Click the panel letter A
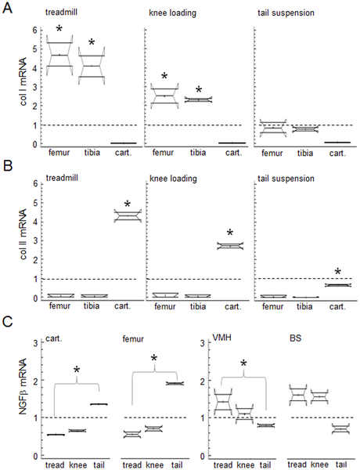coord(7,8)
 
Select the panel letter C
coord(8,322)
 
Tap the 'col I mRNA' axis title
coord(24,81)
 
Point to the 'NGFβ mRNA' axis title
coord(24,386)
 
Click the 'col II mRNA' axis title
coord(24,235)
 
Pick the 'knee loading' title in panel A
coord(172,13)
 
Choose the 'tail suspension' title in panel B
coord(286,179)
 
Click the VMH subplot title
coord(222,338)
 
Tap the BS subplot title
coord(295,338)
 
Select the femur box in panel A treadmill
coord(59,55)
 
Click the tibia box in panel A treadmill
coord(92,66)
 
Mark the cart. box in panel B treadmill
coord(128,216)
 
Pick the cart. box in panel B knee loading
coord(230,246)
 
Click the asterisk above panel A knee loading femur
coord(164,76)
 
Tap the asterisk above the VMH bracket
coord(243,364)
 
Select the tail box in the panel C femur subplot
coord(175,383)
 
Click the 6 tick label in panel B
coord(36,183)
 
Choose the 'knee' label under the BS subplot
coord(319,465)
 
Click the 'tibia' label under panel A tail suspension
coord(305,154)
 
